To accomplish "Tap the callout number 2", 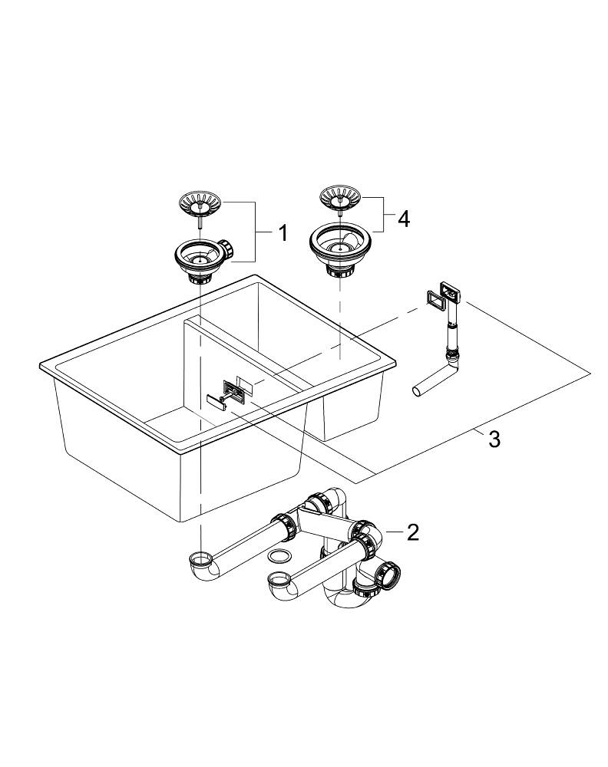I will click(413, 532).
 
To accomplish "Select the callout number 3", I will click(494, 439).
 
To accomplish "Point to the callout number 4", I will click(402, 219).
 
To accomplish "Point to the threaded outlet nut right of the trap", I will click(390, 571).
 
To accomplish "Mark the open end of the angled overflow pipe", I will click(418, 391).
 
